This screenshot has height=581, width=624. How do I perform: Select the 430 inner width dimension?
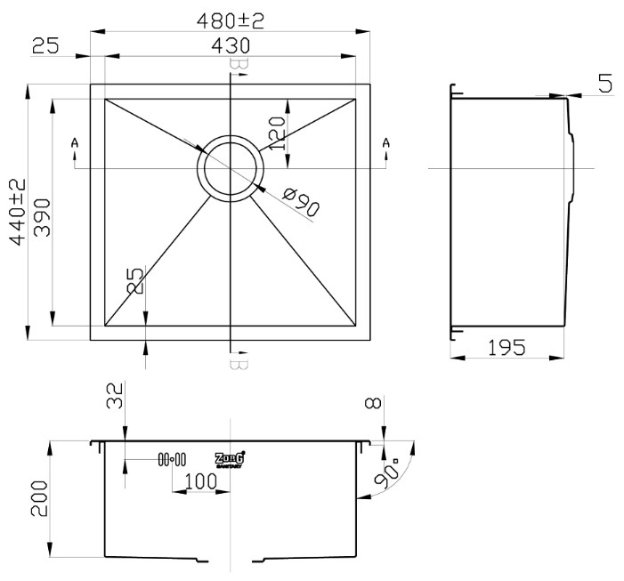click(x=230, y=45)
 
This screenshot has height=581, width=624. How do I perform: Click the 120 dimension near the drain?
click(x=276, y=133)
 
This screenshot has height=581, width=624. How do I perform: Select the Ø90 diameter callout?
click(x=299, y=201)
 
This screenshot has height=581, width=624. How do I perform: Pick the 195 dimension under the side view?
click(x=506, y=347)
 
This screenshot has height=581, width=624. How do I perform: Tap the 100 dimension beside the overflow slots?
click(x=201, y=481)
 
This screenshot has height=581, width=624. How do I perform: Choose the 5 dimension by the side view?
click(x=604, y=85)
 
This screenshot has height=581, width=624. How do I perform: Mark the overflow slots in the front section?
click(x=171, y=459)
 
